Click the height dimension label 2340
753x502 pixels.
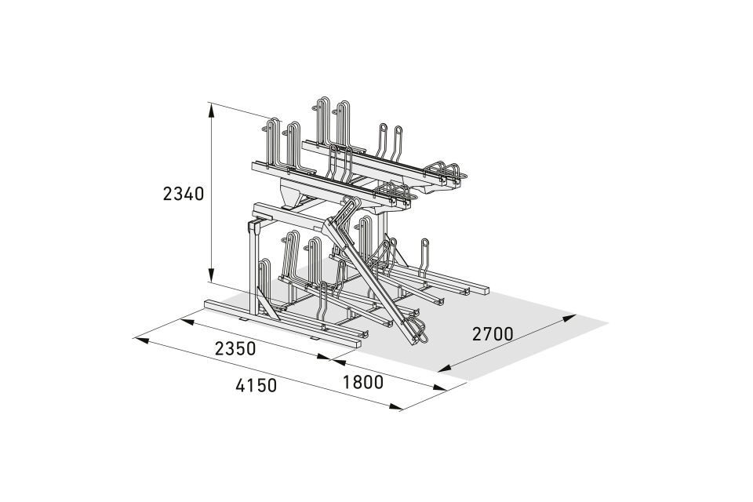click(184, 194)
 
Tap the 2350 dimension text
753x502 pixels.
click(235, 349)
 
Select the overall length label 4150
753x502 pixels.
click(256, 385)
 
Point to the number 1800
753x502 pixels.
click(363, 383)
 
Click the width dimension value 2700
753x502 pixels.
click(493, 333)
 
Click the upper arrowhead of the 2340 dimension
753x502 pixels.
click(211, 110)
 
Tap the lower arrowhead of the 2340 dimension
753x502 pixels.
click(211, 275)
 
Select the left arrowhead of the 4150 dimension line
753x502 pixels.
click(142, 340)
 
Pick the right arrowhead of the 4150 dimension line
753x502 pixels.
click(396, 407)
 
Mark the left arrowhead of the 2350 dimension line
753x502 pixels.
click(187, 322)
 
